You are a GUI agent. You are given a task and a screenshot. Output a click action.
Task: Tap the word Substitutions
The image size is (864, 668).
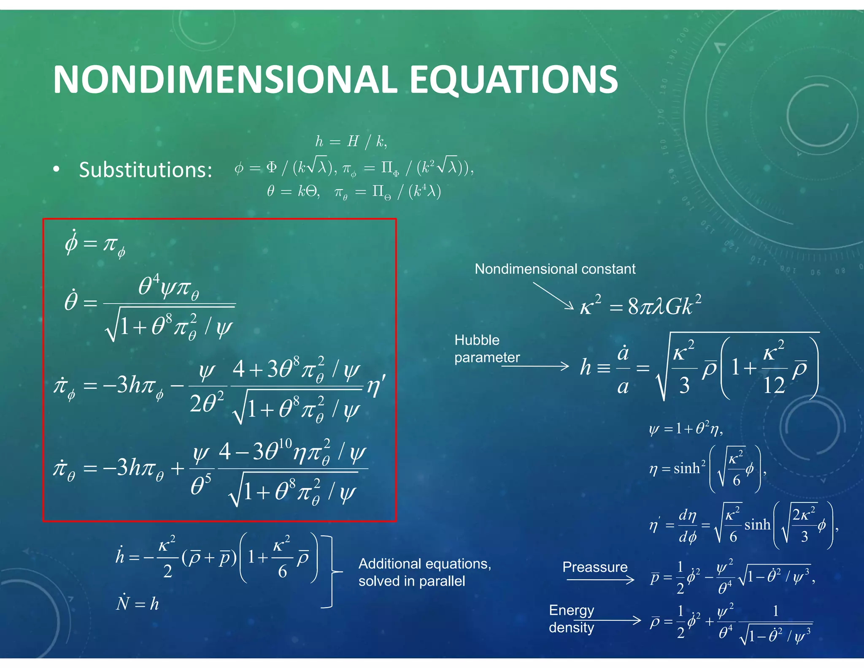pos(146,170)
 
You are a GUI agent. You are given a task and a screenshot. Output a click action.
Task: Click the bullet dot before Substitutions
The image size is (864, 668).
pos(57,170)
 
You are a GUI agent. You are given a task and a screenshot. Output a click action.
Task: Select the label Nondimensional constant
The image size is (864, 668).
pos(555,269)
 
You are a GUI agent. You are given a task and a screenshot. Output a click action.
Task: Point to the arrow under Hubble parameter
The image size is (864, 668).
pos(535,366)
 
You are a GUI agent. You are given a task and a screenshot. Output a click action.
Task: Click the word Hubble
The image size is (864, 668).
pos(477,340)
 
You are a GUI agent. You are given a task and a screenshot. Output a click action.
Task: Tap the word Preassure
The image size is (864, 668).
pos(595,567)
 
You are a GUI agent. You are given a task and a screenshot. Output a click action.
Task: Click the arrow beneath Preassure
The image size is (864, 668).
pos(600,580)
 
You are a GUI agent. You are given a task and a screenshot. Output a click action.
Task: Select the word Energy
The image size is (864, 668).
pos(571,610)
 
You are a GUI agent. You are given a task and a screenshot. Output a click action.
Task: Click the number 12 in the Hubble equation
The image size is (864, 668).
pos(774,385)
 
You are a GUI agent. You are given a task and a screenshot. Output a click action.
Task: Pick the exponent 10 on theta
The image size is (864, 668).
pos(285,443)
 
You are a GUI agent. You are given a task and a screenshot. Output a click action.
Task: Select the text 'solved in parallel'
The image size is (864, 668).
pos(411,581)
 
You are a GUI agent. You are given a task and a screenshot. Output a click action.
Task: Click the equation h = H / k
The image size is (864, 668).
pos(351,141)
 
